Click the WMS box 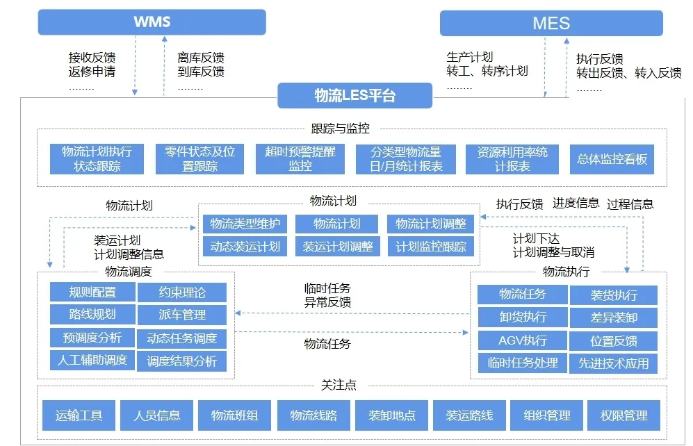point(152,22)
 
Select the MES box point(551,23)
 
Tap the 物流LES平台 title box point(355,95)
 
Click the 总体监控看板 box point(612,159)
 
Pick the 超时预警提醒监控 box point(300,159)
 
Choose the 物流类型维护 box point(245,224)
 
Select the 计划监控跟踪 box point(430,247)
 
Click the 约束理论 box point(182,292)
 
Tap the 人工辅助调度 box point(92,361)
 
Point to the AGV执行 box point(523,340)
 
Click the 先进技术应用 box point(614,363)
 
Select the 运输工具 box point(79,415)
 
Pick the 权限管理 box point(623,415)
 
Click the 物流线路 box point(313,415)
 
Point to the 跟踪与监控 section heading point(341,129)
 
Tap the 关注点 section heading point(339,385)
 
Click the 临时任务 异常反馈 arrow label point(327,295)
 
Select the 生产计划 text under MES point(469,57)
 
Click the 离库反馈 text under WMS point(201,58)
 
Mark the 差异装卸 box point(614,317)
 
